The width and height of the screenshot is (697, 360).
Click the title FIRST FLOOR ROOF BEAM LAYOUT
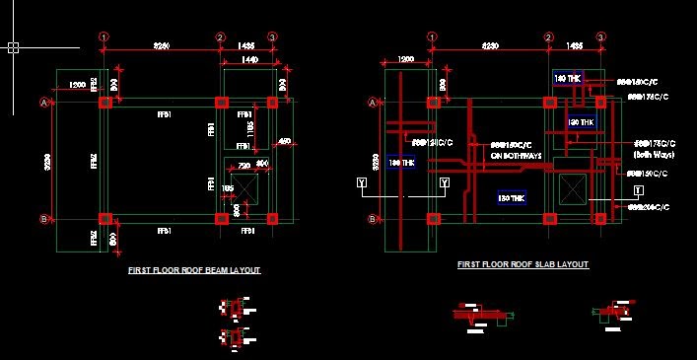tap(194, 269)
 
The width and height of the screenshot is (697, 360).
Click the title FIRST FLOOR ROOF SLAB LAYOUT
tap(523, 264)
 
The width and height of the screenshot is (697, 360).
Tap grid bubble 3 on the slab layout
tap(600, 37)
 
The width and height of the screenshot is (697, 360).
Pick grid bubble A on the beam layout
tap(43, 102)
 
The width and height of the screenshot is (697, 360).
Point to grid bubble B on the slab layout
tap(372, 218)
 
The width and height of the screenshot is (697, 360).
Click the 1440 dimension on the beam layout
tap(249, 60)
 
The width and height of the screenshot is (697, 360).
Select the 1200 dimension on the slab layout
tap(405, 60)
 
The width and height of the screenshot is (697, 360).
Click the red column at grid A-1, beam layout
tap(104, 102)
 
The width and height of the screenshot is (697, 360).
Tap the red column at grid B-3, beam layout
tap(273, 218)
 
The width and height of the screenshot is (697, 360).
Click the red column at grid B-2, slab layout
tap(548, 218)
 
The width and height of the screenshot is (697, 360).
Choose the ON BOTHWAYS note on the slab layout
tap(516, 155)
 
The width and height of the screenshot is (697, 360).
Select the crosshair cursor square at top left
tap(13, 46)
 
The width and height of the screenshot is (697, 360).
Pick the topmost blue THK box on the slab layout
tap(568, 78)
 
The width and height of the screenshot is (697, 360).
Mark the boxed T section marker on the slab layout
tap(638, 188)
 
